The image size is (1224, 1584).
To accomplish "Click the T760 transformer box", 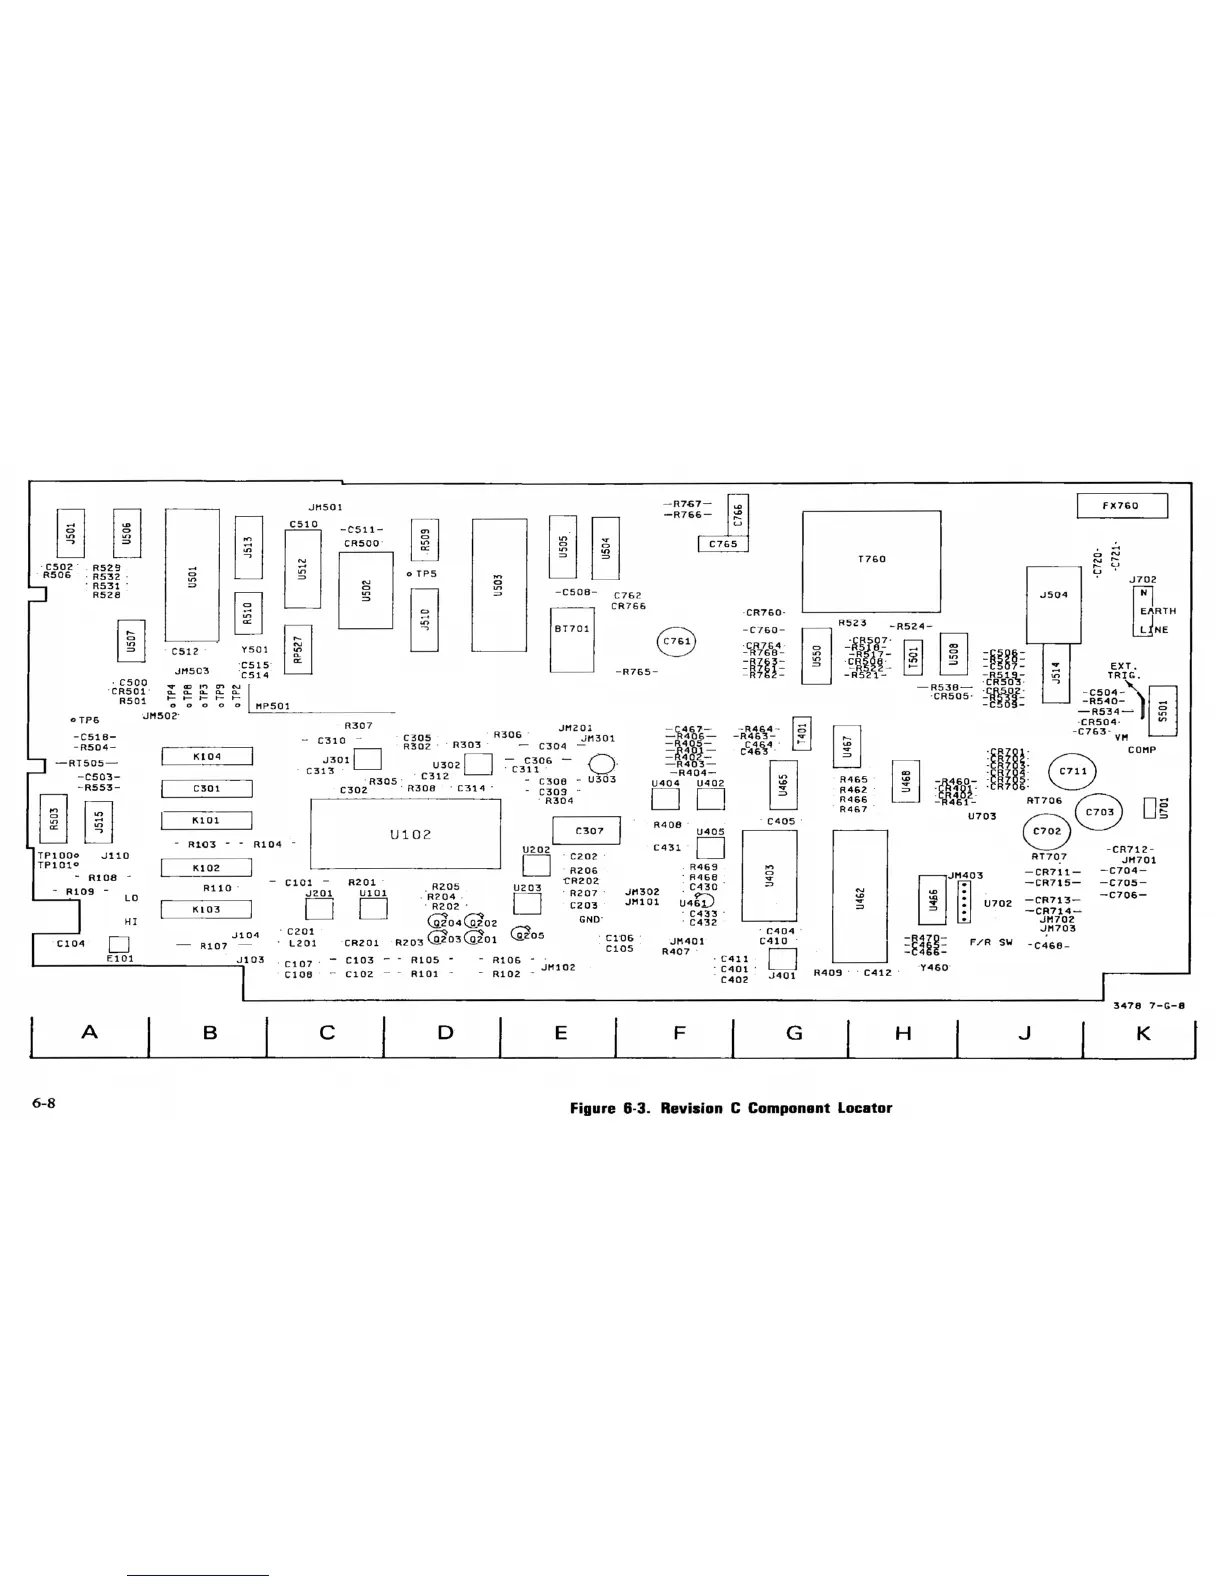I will click(871, 559).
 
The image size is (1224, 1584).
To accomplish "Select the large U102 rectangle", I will click(406, 834).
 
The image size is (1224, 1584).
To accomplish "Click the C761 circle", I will click(677, 642).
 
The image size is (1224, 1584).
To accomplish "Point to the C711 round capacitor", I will click(1073, 772).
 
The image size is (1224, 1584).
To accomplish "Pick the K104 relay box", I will click(207, 757).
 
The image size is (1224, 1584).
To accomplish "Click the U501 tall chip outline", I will click(192, 576).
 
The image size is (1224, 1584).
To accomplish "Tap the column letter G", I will click(794, 1033).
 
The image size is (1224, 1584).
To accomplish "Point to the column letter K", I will click(1143, 1033).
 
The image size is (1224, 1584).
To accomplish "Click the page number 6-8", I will click(44, 1104).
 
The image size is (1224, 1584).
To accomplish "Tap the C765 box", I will click(723, 544).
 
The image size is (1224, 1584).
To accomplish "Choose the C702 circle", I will click(1047, 831).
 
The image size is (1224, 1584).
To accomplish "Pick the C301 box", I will click(207, 789).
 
